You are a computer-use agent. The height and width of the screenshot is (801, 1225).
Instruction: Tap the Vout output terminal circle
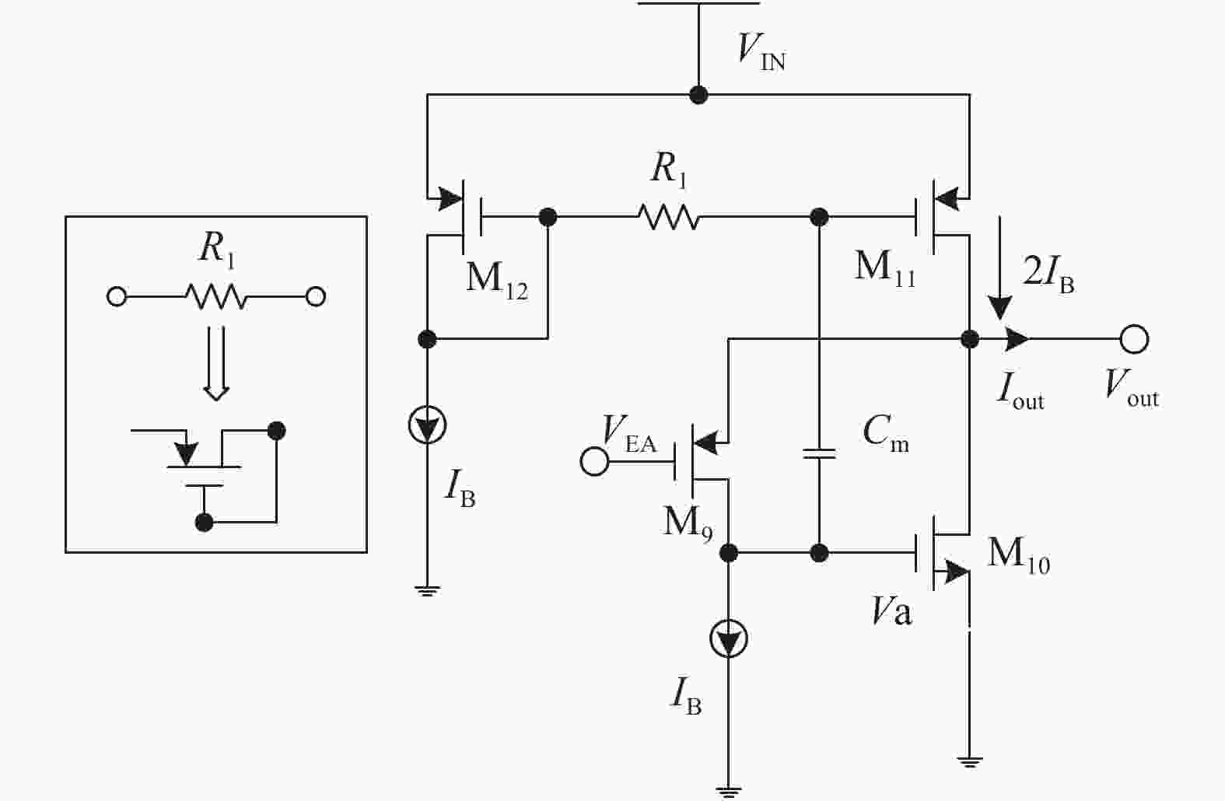click(x=1134, y=339)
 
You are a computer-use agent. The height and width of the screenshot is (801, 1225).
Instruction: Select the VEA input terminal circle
click(x=594, y=461)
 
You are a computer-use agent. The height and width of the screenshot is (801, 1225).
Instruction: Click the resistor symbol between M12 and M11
click(x=668, y=217)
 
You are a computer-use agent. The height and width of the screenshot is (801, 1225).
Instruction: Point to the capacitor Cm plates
click(x=819, y=453)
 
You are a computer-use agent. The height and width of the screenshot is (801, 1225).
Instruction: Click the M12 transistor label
click(x=496, y=278)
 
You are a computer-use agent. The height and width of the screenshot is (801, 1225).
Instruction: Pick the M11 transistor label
click(x=884, y=268)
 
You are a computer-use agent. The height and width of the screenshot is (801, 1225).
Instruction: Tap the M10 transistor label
click(x=1018, y=555)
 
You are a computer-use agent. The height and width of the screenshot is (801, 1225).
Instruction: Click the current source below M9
click(x=729, y=639)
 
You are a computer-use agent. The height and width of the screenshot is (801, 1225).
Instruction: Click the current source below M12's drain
click(x=426, y=425)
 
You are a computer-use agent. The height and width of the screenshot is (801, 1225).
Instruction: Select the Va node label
click(x=891, y=614)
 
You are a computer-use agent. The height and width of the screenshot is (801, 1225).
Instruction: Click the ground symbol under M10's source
click(x=969, y=761)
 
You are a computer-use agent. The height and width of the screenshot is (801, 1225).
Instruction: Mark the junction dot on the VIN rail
click(x=698, y=95)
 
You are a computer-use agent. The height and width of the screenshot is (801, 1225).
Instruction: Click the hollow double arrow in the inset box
click(x=215, y=362)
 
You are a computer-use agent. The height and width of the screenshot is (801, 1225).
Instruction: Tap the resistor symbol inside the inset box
click(x=215, y=296)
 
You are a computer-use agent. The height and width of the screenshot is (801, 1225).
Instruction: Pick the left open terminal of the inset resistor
click(x=117, y=296)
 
